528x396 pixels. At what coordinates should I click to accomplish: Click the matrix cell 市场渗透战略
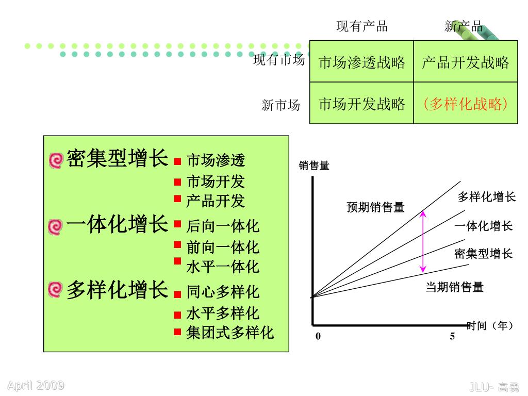pos(361,62)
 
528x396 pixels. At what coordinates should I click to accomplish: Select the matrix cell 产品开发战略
pos(465,62)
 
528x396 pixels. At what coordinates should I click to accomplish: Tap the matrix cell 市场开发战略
pos(361,104)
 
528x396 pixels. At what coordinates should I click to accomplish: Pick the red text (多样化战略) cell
pos(465,104)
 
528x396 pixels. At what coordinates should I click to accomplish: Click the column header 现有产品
pos(362,26)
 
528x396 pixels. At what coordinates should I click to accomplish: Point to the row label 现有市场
pos(279,60)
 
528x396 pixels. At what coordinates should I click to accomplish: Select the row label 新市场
pos(280,106)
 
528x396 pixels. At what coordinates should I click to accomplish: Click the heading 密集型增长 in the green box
pos(118,158)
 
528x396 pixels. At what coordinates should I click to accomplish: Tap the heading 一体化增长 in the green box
pos(118,224)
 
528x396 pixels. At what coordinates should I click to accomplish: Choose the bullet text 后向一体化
pos(223,226)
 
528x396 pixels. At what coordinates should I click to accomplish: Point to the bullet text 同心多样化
pos(223,292)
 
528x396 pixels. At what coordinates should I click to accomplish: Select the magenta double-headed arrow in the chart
pos(423,241)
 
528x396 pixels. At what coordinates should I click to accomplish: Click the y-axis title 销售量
pos(314,166)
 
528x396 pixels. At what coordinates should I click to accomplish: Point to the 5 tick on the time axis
pos(452,336)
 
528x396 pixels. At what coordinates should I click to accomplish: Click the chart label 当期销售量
pos(454,287)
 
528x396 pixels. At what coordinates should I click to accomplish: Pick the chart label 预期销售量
pos(375,207)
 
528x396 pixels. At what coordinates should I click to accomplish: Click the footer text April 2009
pos(36,385)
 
